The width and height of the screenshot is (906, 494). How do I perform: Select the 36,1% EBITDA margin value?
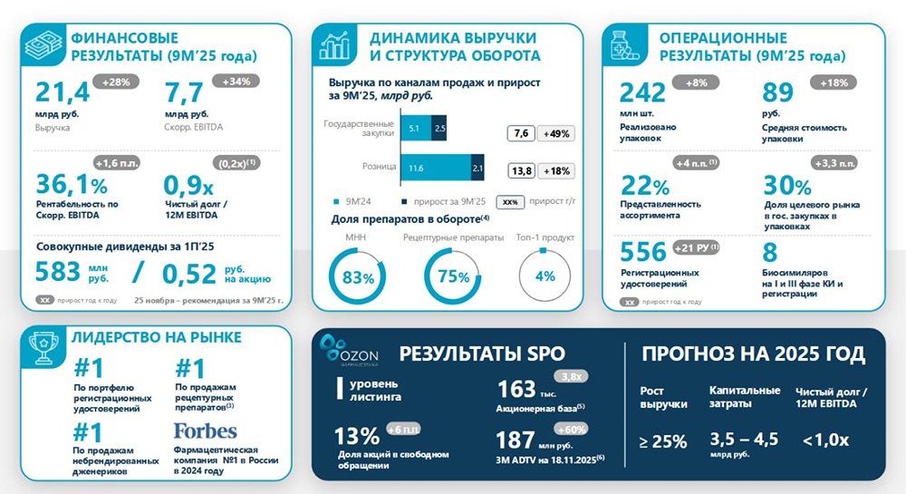click(71, 184)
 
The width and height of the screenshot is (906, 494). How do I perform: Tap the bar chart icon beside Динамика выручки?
click(337, 46)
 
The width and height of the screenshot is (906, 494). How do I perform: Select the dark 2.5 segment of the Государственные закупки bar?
click(440, 130)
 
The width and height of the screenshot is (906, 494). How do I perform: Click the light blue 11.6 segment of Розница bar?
click(417, 169)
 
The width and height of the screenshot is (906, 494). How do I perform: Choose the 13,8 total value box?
click(521, 170)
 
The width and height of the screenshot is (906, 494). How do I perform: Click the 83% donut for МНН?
click(358, 276)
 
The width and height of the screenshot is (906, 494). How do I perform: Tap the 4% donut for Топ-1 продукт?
click(545, 276)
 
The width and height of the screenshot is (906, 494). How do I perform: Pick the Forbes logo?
click(205, 430)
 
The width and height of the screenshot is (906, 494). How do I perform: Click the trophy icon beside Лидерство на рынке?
click(41, 349)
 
